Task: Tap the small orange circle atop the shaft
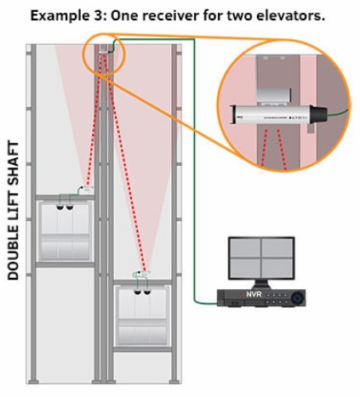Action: [103, 54]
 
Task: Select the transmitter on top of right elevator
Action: [139, 276]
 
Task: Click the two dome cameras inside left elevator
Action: [64, 207]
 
